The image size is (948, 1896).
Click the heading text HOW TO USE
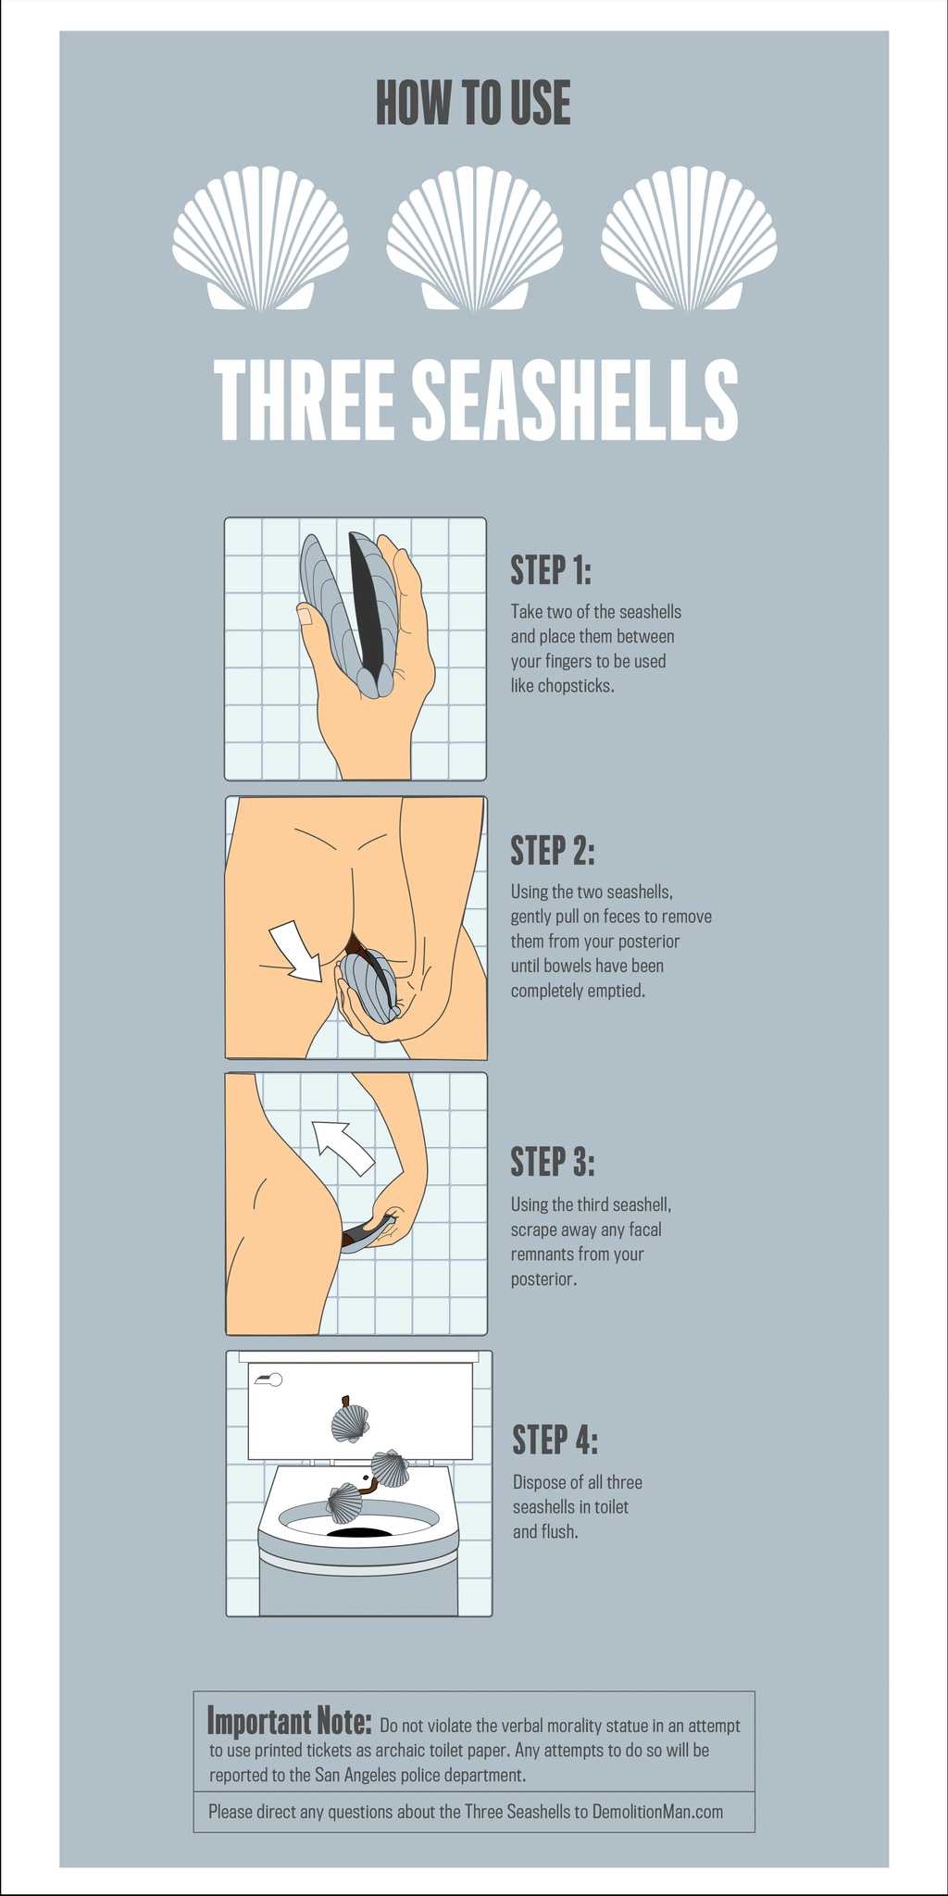pyautogui.click(x=473, y=103)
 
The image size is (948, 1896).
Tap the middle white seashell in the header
pyautogui.click(x=474, y=238)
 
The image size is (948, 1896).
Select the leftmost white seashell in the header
pyautogui.click(x=260, y=238)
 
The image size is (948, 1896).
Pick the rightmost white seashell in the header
pyautogui.click(x=689, y=238)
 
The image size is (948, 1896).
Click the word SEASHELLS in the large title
pyautogui.click(x=574, y=401)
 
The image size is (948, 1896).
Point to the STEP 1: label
pyautogui.click(x=551, y=570)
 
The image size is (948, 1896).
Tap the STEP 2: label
pyautogui.click(x=553, y=850)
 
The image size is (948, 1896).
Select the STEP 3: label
pyautogui.click(x=553, y=1161)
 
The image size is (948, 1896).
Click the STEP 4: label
pyautogui.click(x=555, y=1440)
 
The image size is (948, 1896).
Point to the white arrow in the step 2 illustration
pyautogui.click(x=295, y=950)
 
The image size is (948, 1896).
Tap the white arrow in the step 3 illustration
pyautogui.click(x=342, y=1147)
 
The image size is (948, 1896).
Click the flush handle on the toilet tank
pyautogui.click(x=268, y=1379)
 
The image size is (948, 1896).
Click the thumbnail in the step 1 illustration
pyautogui.click(x=305, y=615)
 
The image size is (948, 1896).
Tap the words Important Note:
pyautogui.click(x=289, y=1721)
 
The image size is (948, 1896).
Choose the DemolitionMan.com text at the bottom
pyautogui.click(x=657, y=1812)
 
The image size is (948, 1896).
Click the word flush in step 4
pyautogui.click(x=558, y=1532)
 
